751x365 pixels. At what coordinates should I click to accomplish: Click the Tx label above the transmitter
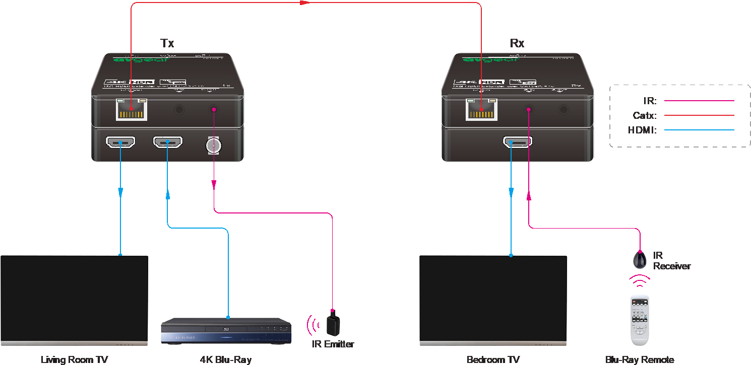click(x=167, y=43)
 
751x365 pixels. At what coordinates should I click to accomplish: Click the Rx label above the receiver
click(x=517, y=43)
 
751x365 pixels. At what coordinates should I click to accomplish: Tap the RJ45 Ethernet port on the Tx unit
click(x=132, y=109)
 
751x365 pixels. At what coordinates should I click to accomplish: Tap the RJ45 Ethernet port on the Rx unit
click(x=481, y=109)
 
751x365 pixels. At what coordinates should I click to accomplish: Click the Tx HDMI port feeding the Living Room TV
click(x=120, y=142)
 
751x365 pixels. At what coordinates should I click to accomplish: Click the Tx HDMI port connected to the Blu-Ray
click(x=168, y=142)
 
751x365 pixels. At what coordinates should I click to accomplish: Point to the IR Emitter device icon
click(x=332, y=323)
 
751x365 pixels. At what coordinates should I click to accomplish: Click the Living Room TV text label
click(x=74, y=359)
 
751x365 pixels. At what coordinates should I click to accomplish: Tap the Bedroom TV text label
click(x=493, y=359)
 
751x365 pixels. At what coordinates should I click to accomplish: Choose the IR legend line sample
click(x=699, y=101)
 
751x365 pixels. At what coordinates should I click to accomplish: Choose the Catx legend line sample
click(x=699, y=115)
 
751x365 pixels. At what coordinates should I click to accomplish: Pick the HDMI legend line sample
click(x=699, y=130)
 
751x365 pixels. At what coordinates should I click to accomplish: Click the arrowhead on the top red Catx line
click(x=304, y=3)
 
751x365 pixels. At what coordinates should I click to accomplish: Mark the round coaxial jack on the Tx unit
click(x=214, y=145)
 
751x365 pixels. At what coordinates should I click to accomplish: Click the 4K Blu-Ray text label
click(x=226, y=359)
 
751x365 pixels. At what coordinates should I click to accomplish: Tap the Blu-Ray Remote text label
click(x=640, y=359)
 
